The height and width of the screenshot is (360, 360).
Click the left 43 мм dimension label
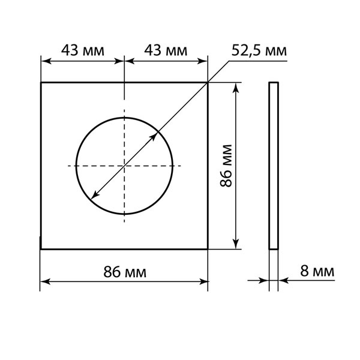pos(83,50)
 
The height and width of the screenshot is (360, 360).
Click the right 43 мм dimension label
pos(166,50)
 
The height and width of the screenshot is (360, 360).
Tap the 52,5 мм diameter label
pos(259,50)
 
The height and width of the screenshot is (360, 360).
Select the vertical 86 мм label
pos(226,166)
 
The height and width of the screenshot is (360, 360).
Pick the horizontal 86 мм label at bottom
pos(125,272)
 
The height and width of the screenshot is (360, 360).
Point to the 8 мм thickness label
pos(317,271)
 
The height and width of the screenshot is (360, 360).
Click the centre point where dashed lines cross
pos(124,166)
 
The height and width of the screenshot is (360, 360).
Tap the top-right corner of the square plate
pos(208,82)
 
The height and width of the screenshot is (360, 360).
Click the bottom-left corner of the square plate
pos(41,248)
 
